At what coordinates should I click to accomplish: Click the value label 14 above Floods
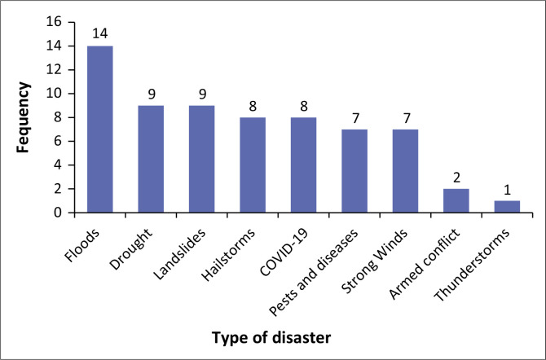[99, 35]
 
